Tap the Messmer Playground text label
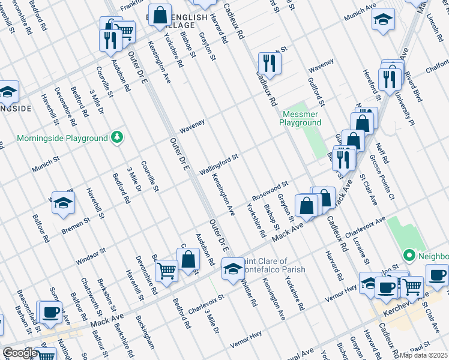[x=301, y=118]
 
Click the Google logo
[x=19, y=353]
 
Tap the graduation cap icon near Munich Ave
[x=382, y=20]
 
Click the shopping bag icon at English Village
[x=160, y=16]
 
